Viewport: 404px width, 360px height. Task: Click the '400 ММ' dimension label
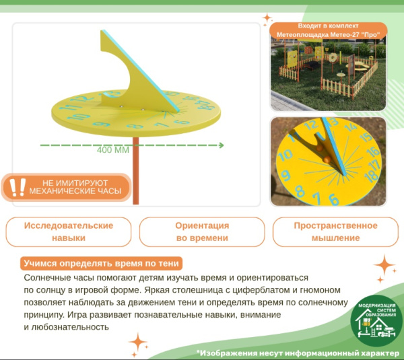pyautogui.click(x=112, y=150)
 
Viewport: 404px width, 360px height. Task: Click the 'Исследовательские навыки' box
pyautogui.click(x=69, y=231)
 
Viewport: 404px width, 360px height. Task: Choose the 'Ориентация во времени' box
pyautogui.click(x=202, y=231)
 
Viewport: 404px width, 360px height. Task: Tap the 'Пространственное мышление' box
pyautogui.click(x=335, y=231)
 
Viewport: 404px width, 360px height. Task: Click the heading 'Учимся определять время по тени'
pyautogui.click(x=102, y=263)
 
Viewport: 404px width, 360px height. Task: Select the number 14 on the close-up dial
pyautogui.click(x=349, y=127)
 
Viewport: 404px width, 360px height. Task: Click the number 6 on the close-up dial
pyautogui.click(x=333, y=199)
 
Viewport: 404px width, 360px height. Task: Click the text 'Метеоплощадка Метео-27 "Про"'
pyautogui.click(x=329, y=34)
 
